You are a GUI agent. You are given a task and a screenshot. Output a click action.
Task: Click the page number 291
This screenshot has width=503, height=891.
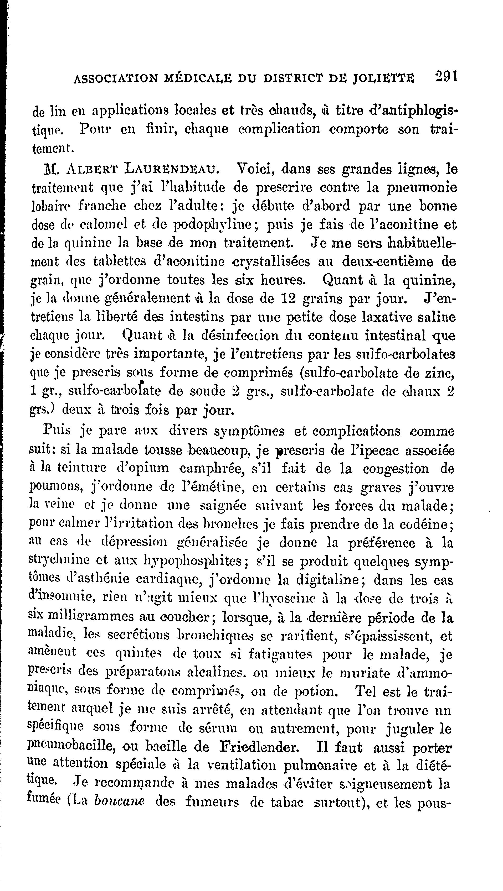pyautogui.click(x=446, y=77)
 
